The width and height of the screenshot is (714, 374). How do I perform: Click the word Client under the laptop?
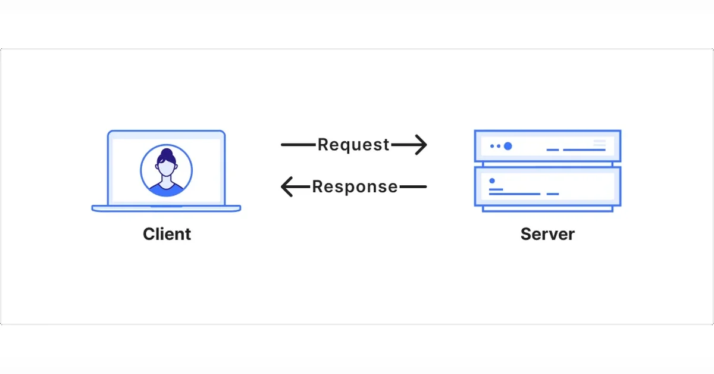[x=167, y=234]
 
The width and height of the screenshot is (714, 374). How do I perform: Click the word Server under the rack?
[x=547, y=234]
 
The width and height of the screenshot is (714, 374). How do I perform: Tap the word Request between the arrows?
[x=353, y=145]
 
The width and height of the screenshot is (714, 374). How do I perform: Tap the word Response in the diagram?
[x=355, y=186]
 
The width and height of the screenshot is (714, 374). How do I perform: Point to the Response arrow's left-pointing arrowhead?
[x=287, y=186]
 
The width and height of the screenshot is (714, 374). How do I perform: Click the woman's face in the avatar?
[x=167, y=168]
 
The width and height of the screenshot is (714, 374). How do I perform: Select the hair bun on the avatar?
[x=167, y=152]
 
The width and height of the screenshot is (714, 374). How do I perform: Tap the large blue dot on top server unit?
[x=508, y=146]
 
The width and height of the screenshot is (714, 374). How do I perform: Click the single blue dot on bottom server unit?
[x=492, y=180]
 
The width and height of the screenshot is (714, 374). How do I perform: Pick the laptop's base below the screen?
[x=166, y=208]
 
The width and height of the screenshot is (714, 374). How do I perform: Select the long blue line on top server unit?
[x=584, y=149]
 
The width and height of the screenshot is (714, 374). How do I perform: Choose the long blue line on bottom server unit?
[x=515, y=194]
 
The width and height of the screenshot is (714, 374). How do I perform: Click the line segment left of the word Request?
[x=298, y=145]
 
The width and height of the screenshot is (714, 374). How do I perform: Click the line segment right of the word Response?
[x=413, y=186]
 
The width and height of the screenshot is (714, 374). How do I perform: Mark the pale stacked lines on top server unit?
[x=599, y=143]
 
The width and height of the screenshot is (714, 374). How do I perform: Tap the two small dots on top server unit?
[x=495, y=146]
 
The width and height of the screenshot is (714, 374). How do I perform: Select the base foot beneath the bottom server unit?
[x=547, y=208]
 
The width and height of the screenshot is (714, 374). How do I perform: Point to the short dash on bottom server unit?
[x=553, y=194]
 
